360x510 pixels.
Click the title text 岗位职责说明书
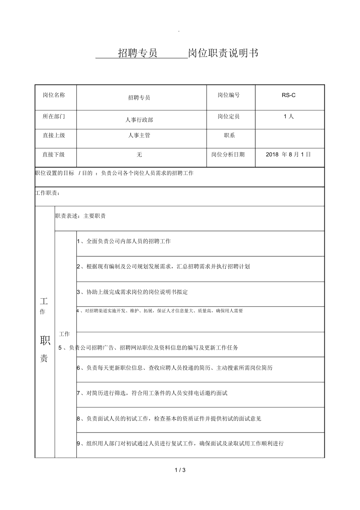223,54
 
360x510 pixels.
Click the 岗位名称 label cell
54,95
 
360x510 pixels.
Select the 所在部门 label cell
54,116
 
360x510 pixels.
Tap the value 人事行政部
139,120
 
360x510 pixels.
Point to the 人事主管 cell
139,135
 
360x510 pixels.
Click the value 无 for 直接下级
139,155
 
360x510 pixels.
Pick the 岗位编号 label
229,95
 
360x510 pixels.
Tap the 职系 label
229,135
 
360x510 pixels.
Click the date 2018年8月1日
288,154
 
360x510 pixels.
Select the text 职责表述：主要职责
80,216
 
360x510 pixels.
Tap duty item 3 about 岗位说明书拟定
132,292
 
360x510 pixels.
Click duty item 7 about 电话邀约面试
152,393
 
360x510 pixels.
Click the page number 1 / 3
180,470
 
